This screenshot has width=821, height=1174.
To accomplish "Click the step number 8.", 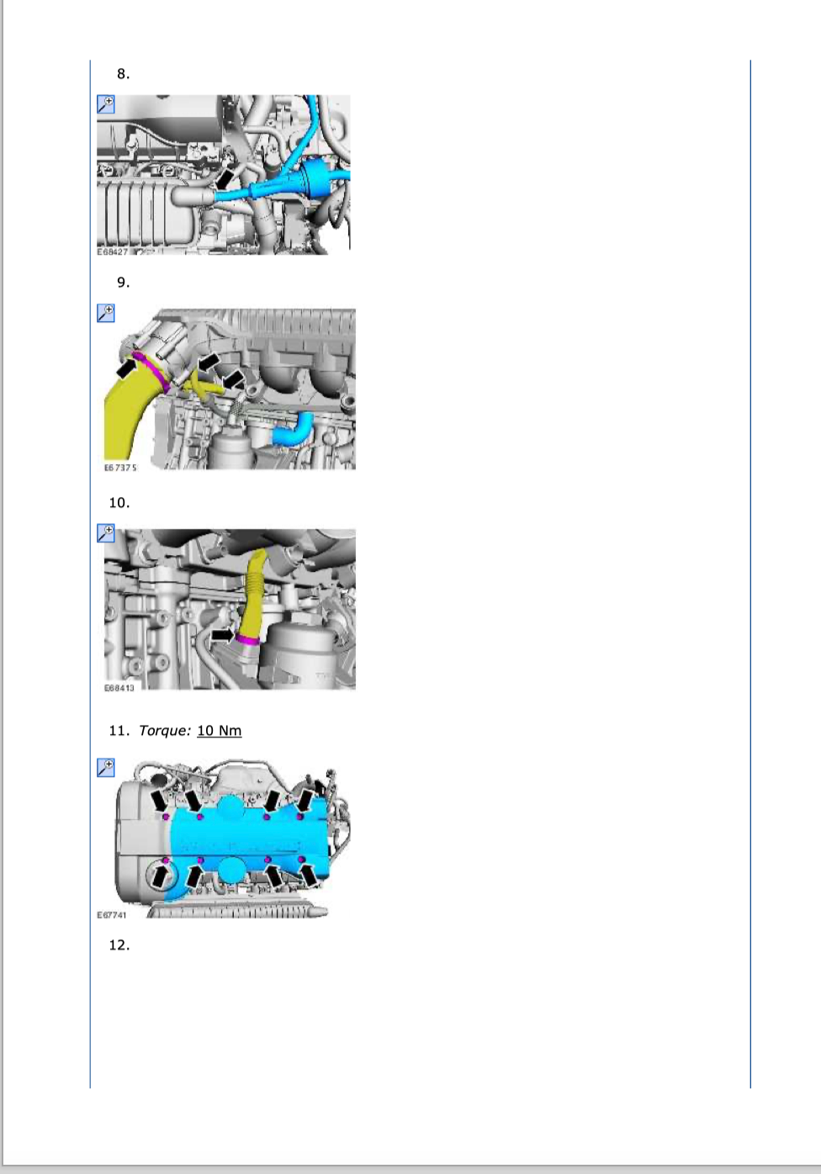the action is pos(123,74).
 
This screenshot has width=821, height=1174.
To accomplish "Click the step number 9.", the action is pos(123,283).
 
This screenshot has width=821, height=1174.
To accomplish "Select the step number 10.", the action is pos(119,503).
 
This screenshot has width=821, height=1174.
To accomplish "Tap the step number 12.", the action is pos(119,945).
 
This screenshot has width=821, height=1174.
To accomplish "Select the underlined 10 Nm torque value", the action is pos(220,731).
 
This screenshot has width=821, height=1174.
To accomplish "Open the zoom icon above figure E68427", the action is pos(106,104).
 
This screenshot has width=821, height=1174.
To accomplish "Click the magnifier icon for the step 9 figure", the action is pos(106,313).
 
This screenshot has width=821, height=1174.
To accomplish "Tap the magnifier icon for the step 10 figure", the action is pos(106,533).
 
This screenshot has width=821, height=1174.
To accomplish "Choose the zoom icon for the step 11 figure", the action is pos(106,767).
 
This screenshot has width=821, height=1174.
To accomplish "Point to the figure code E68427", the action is pos(112,252).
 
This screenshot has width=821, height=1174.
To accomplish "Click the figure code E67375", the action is pos(120,468).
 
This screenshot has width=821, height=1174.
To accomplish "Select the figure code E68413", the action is pos(119,688).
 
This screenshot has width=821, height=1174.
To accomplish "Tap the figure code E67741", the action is pos(111,915).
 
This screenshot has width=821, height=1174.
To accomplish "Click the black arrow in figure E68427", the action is pos(224,178).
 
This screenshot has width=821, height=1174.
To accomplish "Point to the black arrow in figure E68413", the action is pos(222,635).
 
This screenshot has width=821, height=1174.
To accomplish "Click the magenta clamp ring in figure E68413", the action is pos(247,639).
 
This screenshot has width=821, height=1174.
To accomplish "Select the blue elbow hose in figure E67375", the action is pos(293,430).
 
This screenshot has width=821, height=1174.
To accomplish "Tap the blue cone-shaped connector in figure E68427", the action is pos(315,177).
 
